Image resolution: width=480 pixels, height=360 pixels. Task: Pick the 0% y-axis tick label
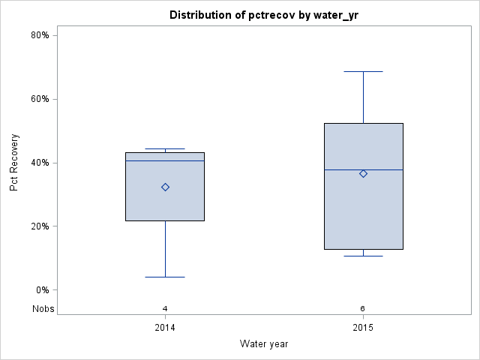[x=43, y=290]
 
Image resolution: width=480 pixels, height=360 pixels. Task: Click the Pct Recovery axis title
[x=14, y=163]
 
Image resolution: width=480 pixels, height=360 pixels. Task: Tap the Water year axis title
[x=264, y=344]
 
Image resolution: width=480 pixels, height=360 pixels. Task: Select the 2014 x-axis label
[x=165, y=328]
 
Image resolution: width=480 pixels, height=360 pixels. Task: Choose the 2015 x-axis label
[x=363, y=328]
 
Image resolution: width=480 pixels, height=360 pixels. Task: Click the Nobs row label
[x=43, y=308]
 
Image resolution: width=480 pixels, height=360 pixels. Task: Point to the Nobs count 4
[x=165, y=308]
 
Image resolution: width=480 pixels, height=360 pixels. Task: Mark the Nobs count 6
[x=363, y=308]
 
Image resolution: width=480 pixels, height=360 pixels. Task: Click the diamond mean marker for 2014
[x=165, y=187]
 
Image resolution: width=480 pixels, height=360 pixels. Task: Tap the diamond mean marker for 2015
[x=363, y=173]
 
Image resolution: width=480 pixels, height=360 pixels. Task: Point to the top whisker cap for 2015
[x=363, y=71]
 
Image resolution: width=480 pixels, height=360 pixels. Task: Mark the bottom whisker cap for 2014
[x=165, y=277]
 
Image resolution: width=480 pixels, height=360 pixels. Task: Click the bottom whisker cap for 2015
[x=363, y=256]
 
